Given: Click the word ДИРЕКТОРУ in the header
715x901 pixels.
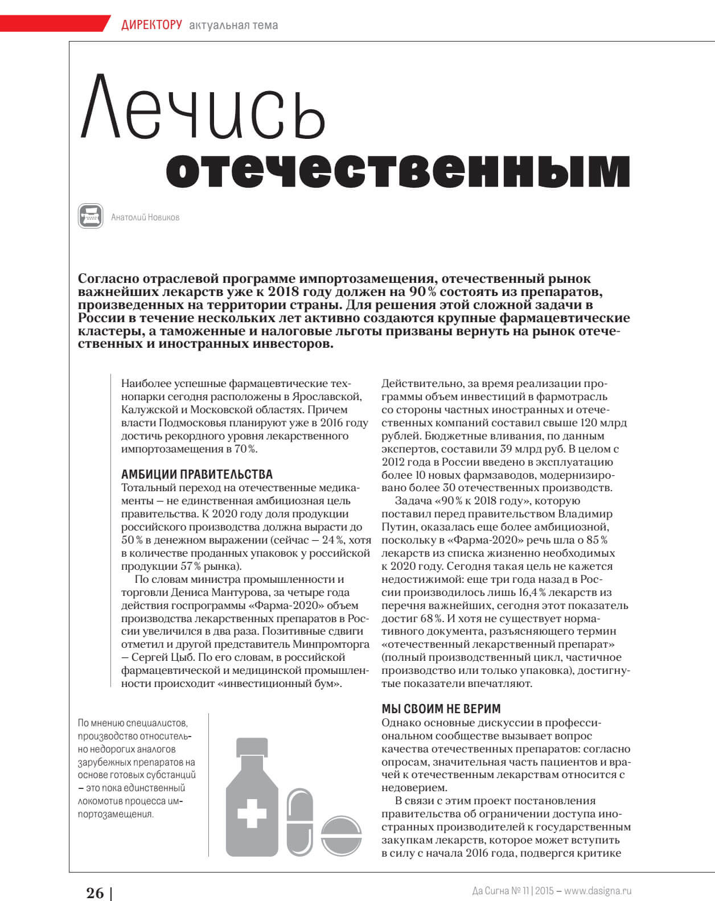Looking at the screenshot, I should pyautogui.click(x=151, y=24).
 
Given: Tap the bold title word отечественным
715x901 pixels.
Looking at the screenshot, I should pyautogui.click(x=398, y=170).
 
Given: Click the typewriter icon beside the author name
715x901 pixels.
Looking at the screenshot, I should pyautogui.click(x=91, y=216).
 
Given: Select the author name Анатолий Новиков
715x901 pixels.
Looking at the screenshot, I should pyautogui.click(x=145, y=217).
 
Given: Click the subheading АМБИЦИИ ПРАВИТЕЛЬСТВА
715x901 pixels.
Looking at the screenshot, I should pyautogui.click(x=197, y=474).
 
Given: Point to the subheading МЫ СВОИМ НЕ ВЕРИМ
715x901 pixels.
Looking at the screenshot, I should pyautogui.click(x=441, y=709).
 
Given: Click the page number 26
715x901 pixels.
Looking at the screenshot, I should pyautogui.click(x=95, y=892).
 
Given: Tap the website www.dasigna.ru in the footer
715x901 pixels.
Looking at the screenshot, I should pyautogui.click(x=598, y=891).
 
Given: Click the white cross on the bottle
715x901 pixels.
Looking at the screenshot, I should pyautogui.click(x=252, y=813).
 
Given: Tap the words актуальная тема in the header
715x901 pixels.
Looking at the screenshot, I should pyautogui.click(x=233, y=25).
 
